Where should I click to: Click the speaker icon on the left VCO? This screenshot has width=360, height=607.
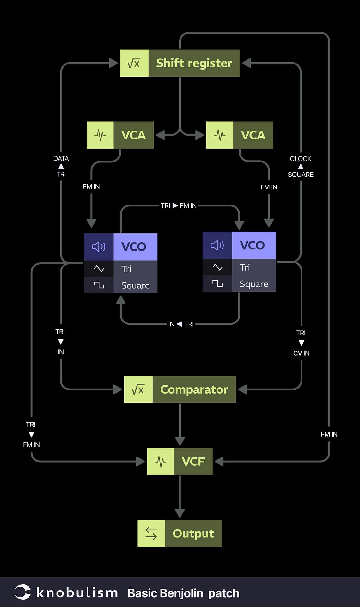click(99, 247)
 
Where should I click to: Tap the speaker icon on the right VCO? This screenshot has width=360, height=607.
click(217, 245)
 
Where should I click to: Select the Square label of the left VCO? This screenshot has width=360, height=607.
click(135, 285)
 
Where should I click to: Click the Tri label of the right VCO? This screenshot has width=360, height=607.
click(245, 267)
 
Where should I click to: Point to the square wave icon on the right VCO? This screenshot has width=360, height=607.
click(217, 284)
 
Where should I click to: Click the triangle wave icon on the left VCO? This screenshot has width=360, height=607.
click(99, 269)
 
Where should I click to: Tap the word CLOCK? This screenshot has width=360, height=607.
click(301, 159)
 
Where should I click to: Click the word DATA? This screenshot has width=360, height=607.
click(61, 158)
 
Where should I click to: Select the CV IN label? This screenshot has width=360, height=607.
click(301, 353)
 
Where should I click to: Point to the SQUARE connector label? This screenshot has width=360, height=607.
click(301, 175)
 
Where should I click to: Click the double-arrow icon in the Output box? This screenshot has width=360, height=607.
click(151, 533)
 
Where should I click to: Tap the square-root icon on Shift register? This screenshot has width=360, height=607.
click(134, 63)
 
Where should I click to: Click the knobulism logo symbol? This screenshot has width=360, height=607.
click(23, 592)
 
